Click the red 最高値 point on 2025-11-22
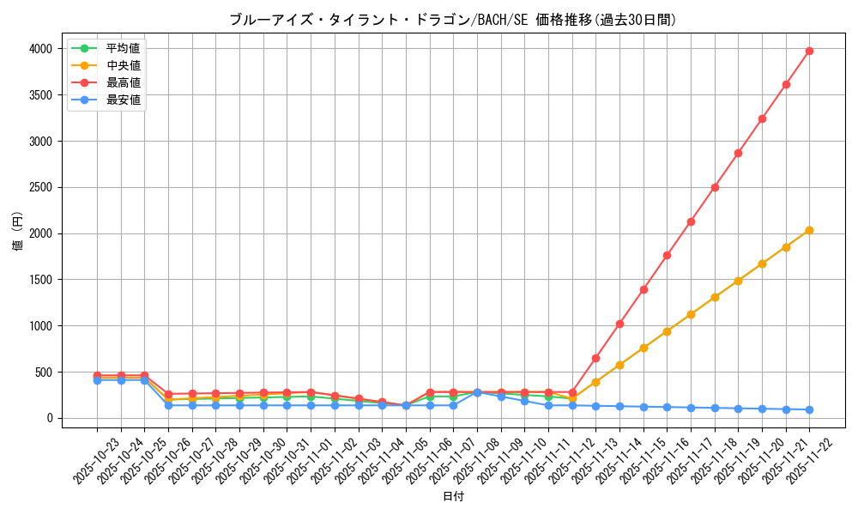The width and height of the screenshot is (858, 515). pyautogui.click(x=809, y=51)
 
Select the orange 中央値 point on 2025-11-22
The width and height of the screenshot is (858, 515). pyautogui.click(x=809, y=230)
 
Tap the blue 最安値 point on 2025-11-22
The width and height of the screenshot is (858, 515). pyautogui.click(x=809, y=409)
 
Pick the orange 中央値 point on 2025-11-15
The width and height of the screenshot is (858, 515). pyautogui.click(x=643, y=348)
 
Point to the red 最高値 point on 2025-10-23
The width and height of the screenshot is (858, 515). pyautogui.click(x=97, y=375)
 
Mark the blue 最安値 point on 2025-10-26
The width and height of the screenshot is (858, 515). pyautogui.click(x=168, y=405)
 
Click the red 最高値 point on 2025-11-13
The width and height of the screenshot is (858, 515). pyautogui.click(x=595, y=358)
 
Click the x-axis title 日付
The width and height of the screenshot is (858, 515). pyautogui.click(x=453, y=497)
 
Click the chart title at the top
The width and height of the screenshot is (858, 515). pyautogui.click(x=453, y=19)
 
